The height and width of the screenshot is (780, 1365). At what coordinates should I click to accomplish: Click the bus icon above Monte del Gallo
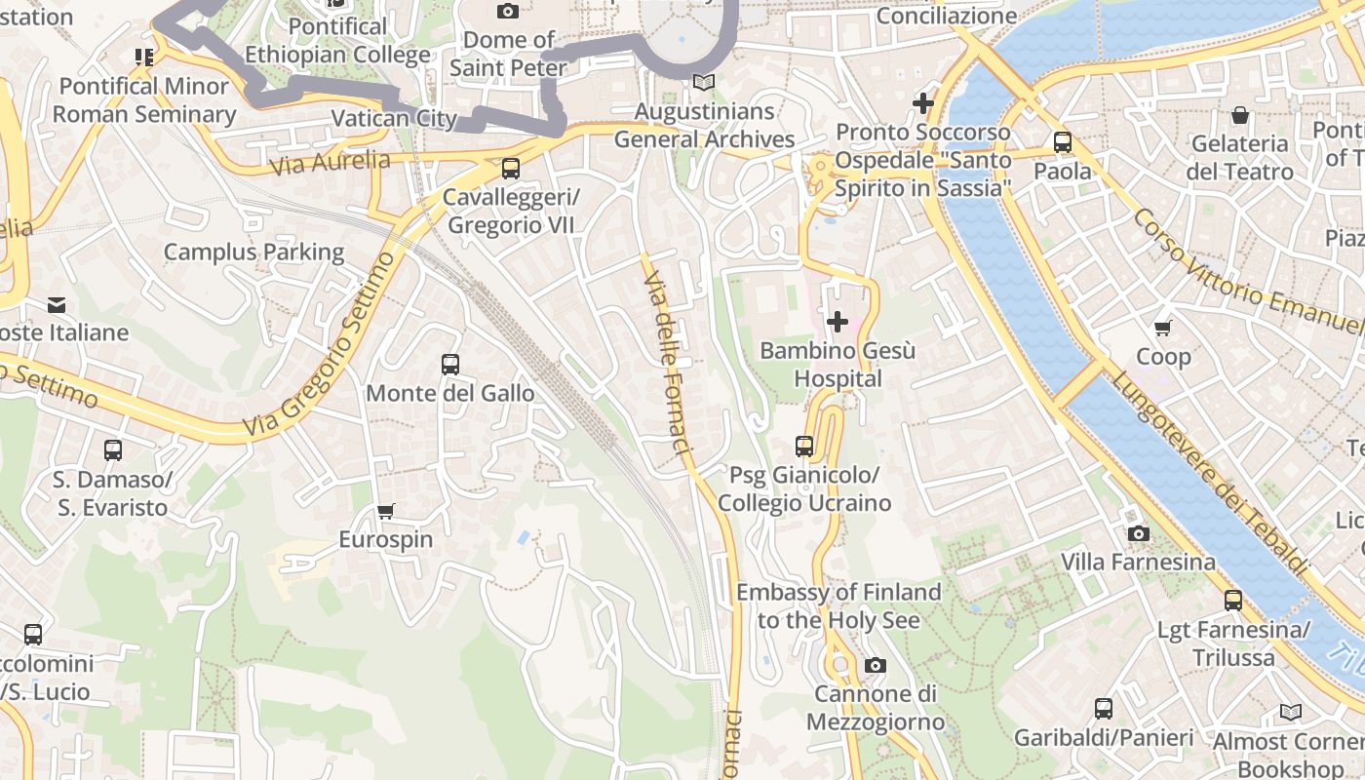[x=449, y=365]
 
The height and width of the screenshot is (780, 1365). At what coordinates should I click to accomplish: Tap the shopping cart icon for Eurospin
[x=386, y=511]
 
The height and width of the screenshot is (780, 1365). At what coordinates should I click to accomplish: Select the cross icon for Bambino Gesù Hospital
[x=837, y=321]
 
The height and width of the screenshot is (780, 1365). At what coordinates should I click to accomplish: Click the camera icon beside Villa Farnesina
[x=1138, y=533]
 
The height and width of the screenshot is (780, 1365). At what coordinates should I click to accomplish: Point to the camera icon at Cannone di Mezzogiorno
[x=875, y=665]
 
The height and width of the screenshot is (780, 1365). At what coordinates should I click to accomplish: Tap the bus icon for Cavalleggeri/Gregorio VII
[x=510, y=169]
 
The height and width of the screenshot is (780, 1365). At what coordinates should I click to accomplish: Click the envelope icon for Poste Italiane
[x=58, y=305]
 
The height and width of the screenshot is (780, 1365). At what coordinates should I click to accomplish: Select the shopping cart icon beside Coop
[x=1162, y=329]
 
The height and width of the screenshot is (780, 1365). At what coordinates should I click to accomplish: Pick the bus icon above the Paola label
[x=1062, y=142]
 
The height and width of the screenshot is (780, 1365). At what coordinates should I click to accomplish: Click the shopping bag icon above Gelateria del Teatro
[x=1239, y=115]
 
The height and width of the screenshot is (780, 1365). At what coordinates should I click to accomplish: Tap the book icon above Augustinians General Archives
[x=703, y=83]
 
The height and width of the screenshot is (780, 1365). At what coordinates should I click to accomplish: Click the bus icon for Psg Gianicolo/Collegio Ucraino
[x=803, y=447]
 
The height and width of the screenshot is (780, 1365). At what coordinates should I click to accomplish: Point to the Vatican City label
[x=394, y=119]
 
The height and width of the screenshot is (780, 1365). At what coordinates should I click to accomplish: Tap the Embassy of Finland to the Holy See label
[x=838, y=605]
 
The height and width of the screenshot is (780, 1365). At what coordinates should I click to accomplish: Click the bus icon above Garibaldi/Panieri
[x=1103, y=709]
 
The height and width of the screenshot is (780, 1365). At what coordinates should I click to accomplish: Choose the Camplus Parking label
[x=253, y=253]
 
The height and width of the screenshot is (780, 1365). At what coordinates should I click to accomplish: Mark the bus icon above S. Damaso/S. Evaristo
[x=113, y=450]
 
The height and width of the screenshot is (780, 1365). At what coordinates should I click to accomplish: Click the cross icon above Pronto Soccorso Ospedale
[x=922, y=102]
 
